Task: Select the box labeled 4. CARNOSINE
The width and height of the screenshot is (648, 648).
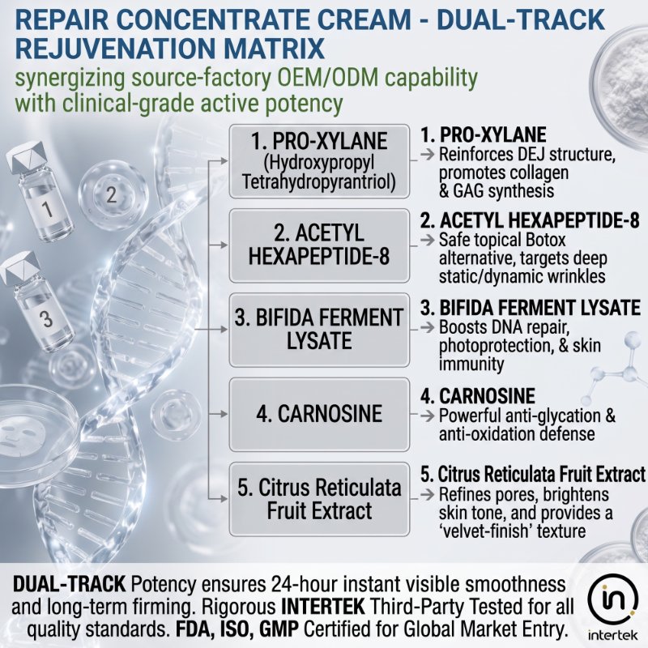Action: tap(319, 414)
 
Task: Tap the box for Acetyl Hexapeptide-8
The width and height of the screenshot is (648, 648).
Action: tap(319, 245)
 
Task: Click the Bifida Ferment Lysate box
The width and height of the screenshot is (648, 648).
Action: tap(319, 330)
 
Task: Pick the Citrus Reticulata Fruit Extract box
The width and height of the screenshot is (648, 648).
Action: tap(319, 499)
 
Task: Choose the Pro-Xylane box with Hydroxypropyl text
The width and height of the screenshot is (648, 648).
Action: tap(319, 161)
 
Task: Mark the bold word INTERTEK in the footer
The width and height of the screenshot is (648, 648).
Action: tap(322, 607)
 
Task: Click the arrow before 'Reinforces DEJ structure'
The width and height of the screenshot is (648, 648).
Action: tap(428, 155)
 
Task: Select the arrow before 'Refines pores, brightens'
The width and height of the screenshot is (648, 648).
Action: tap(428, 494)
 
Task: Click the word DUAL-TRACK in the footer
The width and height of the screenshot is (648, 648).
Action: tap(69, 584)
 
